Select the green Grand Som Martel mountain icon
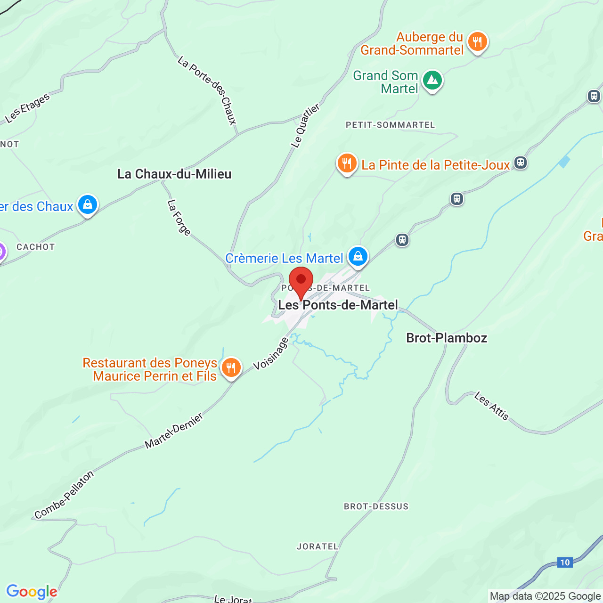(432, 81)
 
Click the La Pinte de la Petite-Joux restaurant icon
(347, 163)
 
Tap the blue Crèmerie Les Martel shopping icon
(358, 257)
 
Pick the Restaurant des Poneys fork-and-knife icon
(231, 368)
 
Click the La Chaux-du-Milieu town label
(174, 174)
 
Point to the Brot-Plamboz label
(447, 338)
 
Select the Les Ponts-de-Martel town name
(338, 305)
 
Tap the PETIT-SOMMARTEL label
(391, 125)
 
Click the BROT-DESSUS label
(376, 506)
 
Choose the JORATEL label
(318, 546)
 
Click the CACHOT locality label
(36, 247)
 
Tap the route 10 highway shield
(564, 562)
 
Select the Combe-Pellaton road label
(65, 495)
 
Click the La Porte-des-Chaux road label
(207, 90)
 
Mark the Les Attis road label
(492, 406)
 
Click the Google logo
(32, 592)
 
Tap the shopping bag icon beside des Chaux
(88, 205)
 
